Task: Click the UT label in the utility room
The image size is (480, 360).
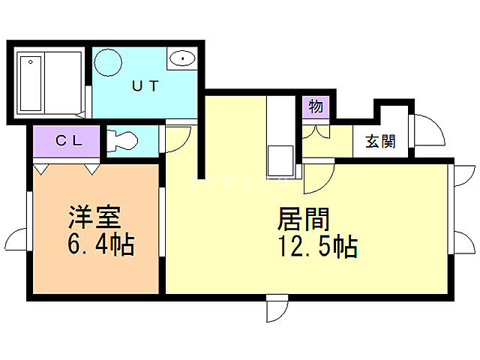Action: click(x=145, y=85)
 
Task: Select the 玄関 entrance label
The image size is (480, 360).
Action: click(x=380, y=140)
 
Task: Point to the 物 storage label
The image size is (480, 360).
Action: click(x=316, y=106)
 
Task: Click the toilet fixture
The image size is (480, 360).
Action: click(x=121, y=140)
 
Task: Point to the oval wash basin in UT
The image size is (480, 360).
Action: click(x=181, y=58)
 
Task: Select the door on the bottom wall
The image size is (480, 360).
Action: click(x=276, y=308)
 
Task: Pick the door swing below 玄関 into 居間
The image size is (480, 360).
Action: click(x=318, y=177)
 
